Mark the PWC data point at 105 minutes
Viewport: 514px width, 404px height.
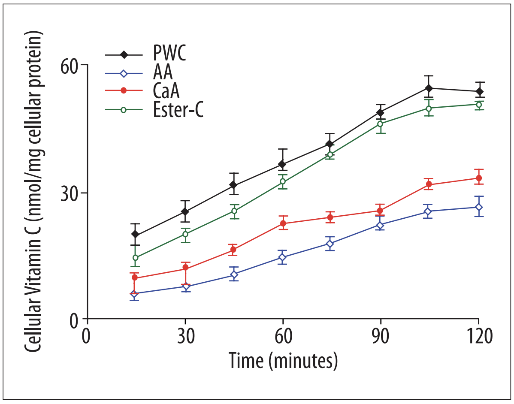pyautogui.click(x=429, y=88)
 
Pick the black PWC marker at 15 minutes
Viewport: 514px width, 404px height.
pyautogui.click(x=136, y=234)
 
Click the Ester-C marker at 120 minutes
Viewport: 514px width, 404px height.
pyautogui.click(x=479, y=104)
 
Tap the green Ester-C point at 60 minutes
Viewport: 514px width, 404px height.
pyautogui.click(x=283, y=181)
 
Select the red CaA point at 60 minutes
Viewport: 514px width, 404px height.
pyautogui.click(x=283, y=223)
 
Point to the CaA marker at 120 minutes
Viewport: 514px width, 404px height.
pyautogui.click(x=479, y=178)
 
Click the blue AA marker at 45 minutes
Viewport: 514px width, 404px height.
pyautogui.click(x=234, y=274)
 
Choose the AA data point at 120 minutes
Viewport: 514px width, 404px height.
pyautogui.click(x=479, y=207)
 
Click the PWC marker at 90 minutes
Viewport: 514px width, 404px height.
pyautogui.click(x=380, y=113)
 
